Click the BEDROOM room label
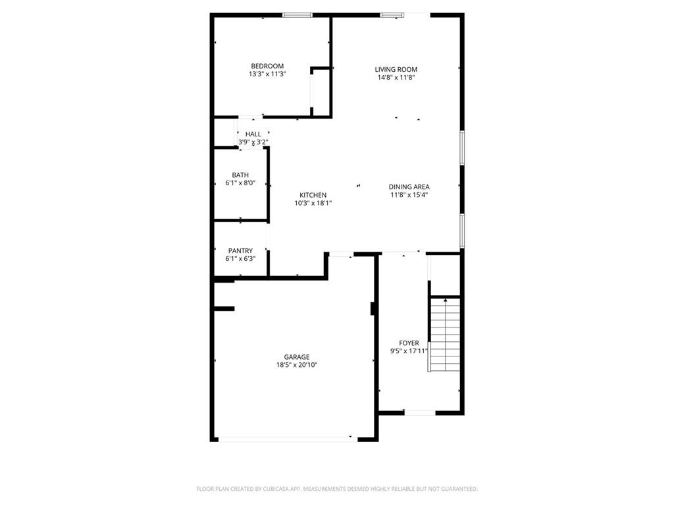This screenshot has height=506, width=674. [267, 66]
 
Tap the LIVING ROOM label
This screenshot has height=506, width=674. [396, 69]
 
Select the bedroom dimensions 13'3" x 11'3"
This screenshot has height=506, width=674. [267, 74]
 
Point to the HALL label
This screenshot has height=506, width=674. [253, 134]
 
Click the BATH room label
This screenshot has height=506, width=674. [240, 175]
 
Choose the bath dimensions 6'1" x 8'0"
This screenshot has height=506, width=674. [240, 183]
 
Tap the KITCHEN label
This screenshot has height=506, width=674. [313, 195]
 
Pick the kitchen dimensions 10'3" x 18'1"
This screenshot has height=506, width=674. [313, 204]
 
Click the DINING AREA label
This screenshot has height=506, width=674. [409, 187]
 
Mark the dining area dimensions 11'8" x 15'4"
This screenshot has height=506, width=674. [409, 195]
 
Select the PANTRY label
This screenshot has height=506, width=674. [240, 251]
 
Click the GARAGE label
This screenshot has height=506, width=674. [297, 357]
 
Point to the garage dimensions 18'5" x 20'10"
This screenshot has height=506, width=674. [297, 365]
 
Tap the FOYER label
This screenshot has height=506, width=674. [409, 343]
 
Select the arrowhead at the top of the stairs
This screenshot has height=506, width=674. [445, 300]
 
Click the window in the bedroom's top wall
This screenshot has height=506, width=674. [298, 14]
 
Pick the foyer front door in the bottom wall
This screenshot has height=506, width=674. [420, 413]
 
